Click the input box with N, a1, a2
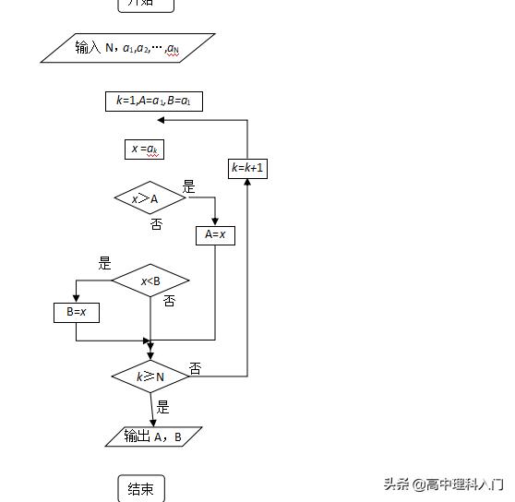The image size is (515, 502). (x=127, y=48)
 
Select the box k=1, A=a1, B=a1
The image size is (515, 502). (x=153, y=102)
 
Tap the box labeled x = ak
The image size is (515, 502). (x=145, y=149)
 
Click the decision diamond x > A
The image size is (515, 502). (x=150, y=198)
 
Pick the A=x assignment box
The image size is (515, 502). (x=215, y=235)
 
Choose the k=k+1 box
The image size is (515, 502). (x=247, y=168)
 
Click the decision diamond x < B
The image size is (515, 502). (x=150, y=281)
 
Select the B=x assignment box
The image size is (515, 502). (x=76, y=312)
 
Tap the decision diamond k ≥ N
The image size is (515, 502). (x=150, y=376)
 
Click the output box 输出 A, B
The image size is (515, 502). (x=153, y=436)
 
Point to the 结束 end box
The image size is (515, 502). (x=141, y=489)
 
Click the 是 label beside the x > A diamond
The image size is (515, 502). (x=188, y=187)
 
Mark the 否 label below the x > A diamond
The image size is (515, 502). (x=156, y=224)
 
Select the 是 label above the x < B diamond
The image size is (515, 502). (x=104, y=263)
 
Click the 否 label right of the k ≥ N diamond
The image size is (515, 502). (x=195, y=368)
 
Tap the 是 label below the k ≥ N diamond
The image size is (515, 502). (x=162, y=407)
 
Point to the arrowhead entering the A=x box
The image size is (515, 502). (x=215, y=221)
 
